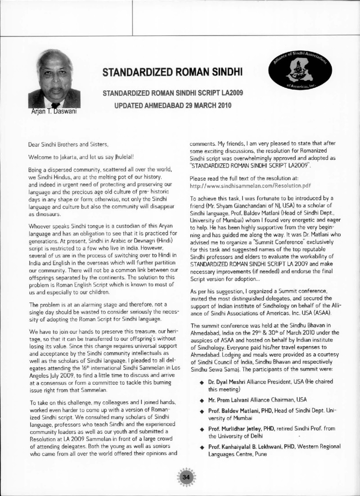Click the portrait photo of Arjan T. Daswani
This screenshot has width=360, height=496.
(54, 82)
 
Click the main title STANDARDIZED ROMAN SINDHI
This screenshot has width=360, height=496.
(173, 72)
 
